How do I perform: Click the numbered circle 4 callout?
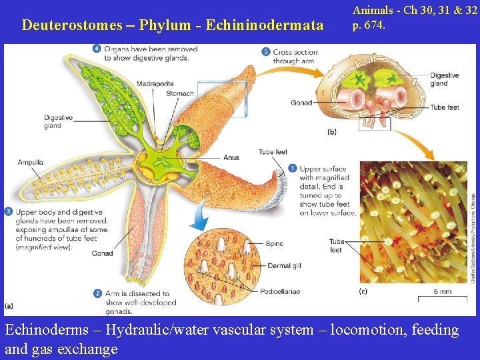pyautogui.click(x=97, y=49)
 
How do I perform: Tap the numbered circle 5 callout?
pyautogui.click(x=266, y=51)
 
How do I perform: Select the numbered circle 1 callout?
pyautogui.click(x=293, y=169)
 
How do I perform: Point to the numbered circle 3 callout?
pyautogui.click(x=8, y=212)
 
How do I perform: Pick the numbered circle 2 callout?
pyautogui.click(x=98, y=293)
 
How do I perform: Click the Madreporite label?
pyautogui.click(x=155, y=83)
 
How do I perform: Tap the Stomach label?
pyautogui.click(x=180, y=94)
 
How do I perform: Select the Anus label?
pyautogui.click(x=231, y=158)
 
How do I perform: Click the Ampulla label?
pyautogui.click(x=31, y=162)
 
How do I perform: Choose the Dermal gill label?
pyautogui.click(x=284, y=266)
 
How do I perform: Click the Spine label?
pyautogui.click(x=275, y=244)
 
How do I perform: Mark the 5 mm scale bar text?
pyautogui.click(x=442, y=292)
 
